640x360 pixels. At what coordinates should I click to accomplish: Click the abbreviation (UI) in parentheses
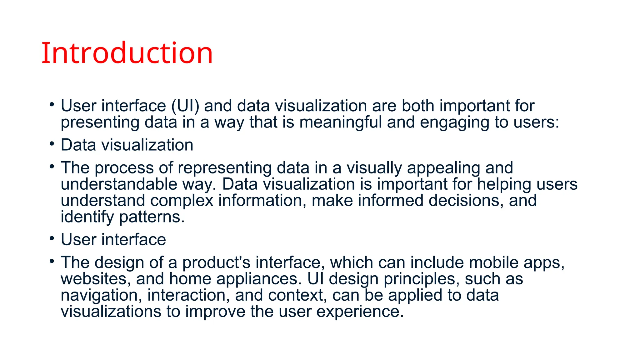pos(185,106)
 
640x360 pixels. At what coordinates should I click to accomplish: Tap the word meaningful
pos(341,122)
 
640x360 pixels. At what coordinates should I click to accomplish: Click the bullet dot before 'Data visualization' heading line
pos(52,144)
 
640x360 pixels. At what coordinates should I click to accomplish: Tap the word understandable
pos(119,184)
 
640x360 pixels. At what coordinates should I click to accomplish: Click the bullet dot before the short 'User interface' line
pos(52,238)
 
